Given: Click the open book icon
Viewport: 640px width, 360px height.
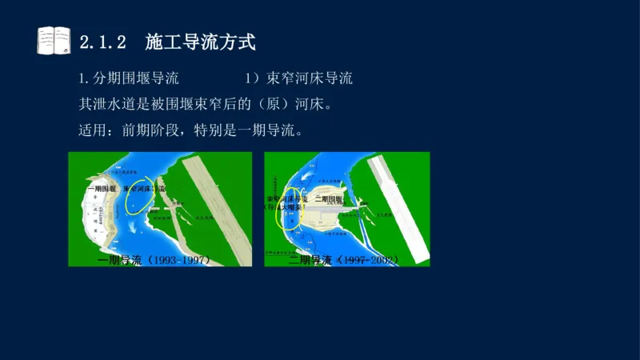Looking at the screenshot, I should coord(54,40).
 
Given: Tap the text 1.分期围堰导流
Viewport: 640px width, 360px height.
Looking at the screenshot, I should coord(128,78).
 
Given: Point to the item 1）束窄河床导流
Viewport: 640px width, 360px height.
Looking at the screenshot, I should coord(298,78).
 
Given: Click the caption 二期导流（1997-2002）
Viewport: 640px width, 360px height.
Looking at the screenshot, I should coord(343,260).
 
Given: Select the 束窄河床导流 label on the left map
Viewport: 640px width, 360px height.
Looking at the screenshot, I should coord(144,190).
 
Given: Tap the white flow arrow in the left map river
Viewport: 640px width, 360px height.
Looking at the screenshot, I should coord(132,203).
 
